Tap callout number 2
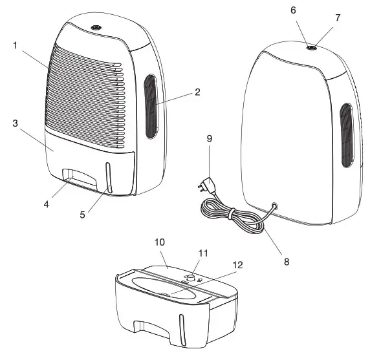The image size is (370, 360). click(197, 92)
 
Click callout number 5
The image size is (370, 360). click(82, 213)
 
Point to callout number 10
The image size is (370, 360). click(160, 242)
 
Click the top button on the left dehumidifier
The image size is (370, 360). click(95, 28)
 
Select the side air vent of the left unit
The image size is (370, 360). click(150, 107)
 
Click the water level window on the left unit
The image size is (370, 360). click(108, 179)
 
